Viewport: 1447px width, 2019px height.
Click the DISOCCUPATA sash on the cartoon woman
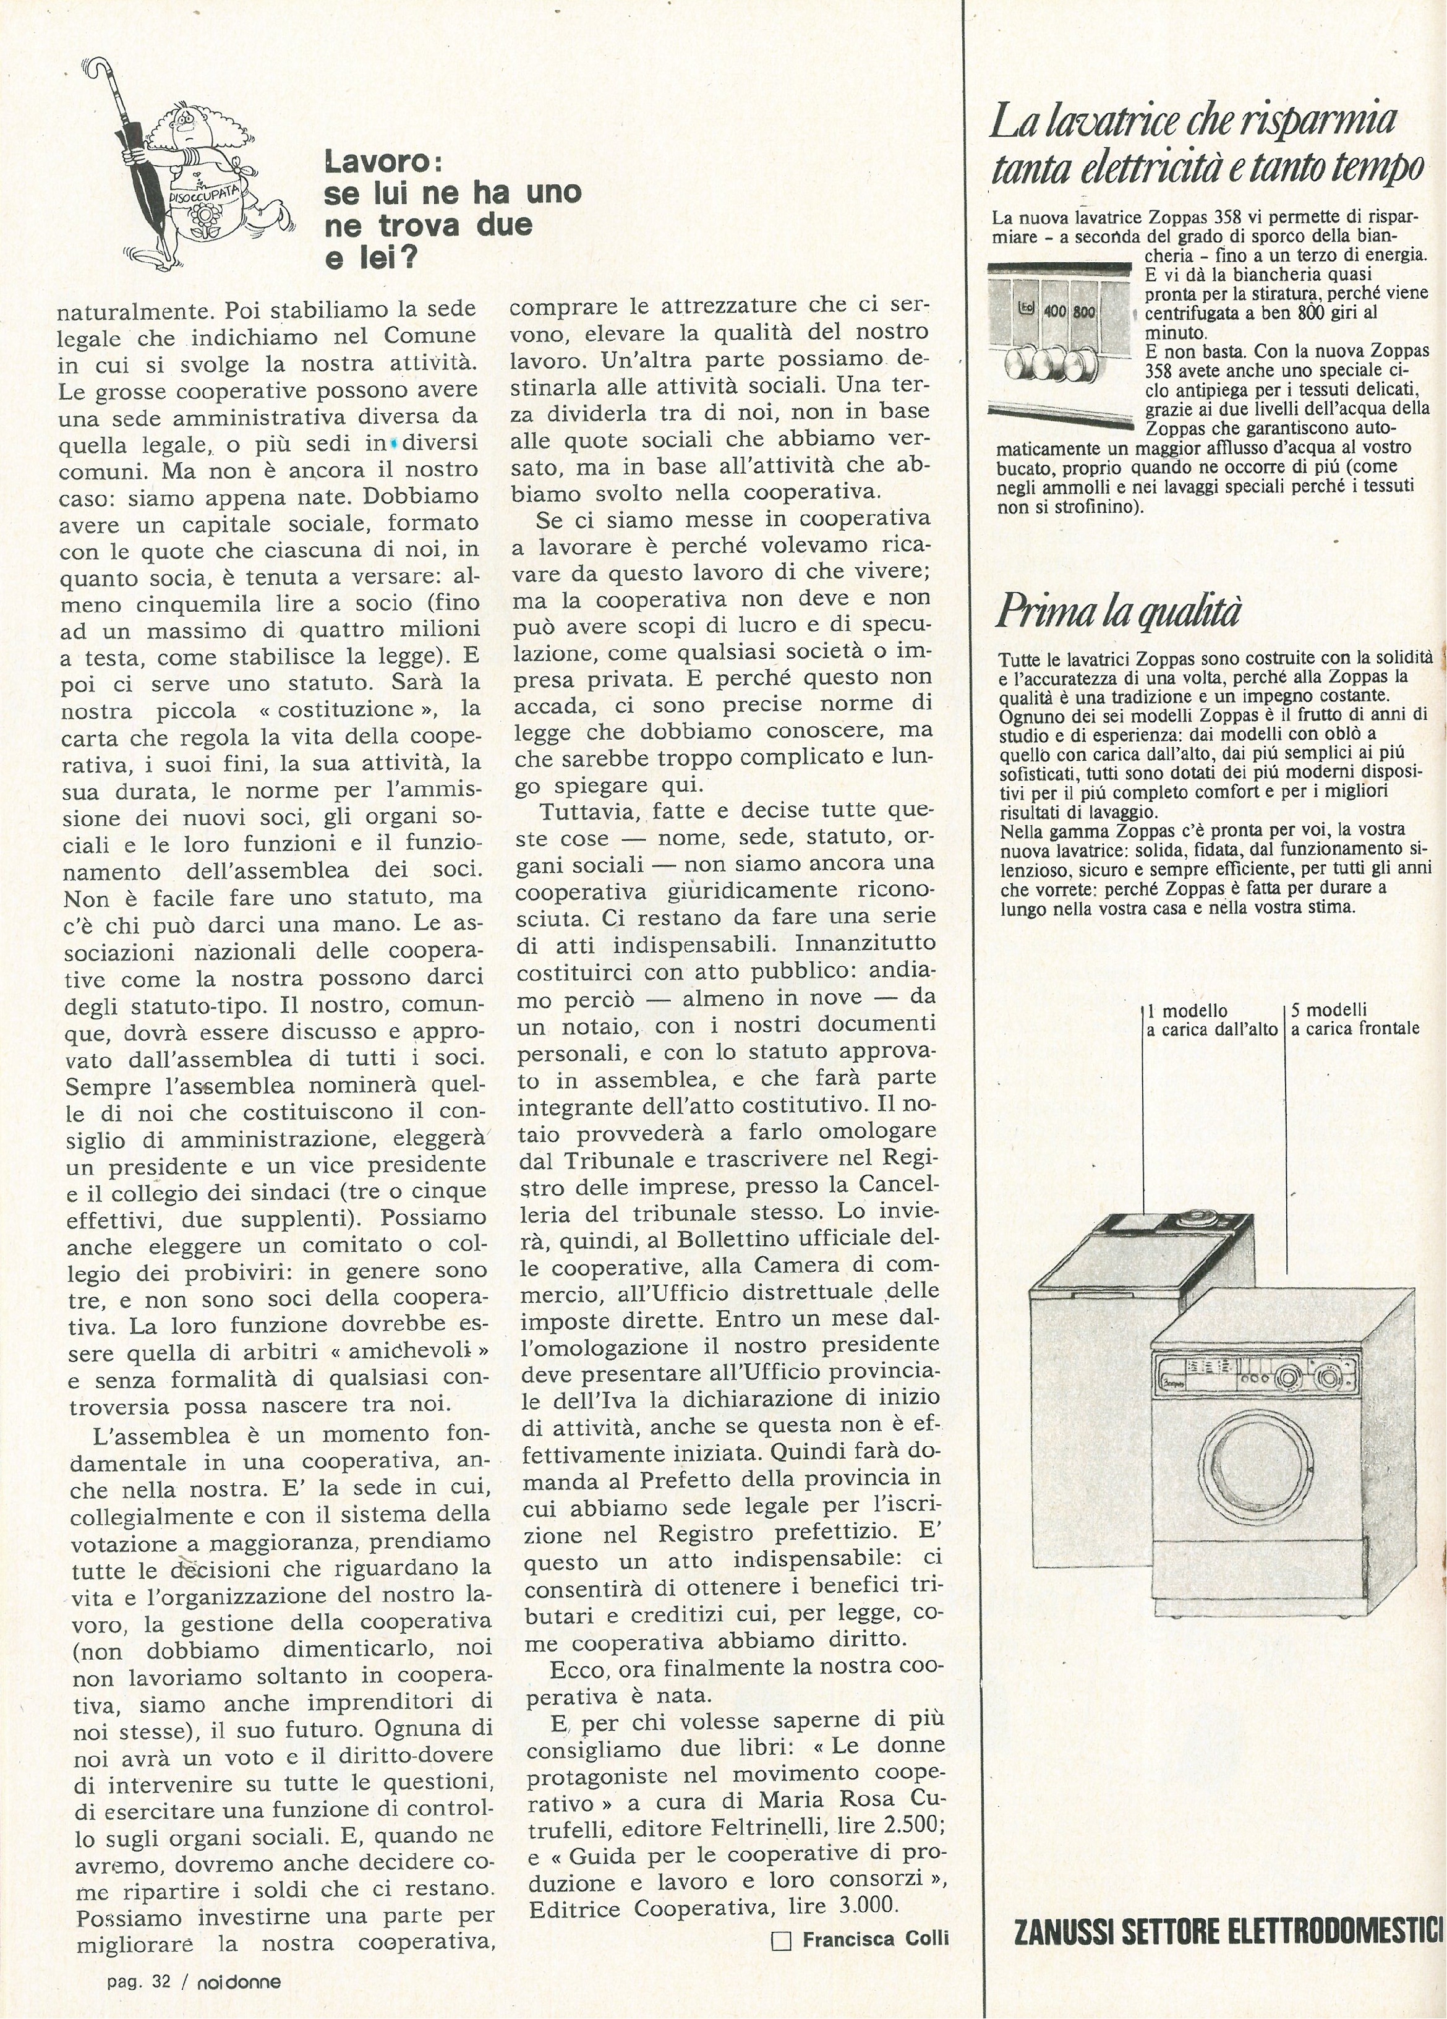coord(201,188)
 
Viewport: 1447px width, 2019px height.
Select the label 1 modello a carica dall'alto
coord(1210,1020)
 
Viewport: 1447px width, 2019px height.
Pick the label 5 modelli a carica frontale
coord(1354,1020)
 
